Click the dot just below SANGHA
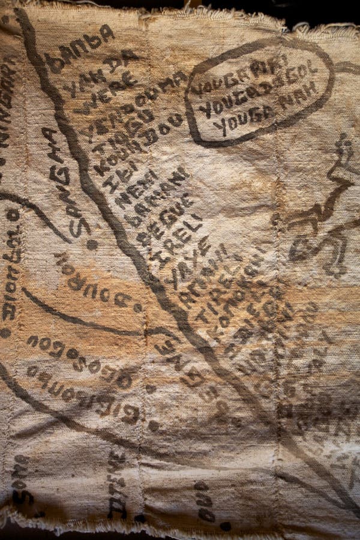tap(91, 245)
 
